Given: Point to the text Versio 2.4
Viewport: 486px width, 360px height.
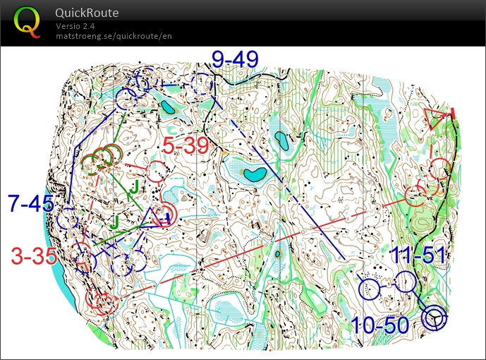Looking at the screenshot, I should point(75,26).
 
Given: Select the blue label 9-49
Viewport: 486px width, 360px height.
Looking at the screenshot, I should point(235,59).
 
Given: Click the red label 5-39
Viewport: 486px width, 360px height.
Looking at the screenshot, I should point(186,145).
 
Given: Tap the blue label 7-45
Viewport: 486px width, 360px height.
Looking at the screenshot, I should point(31,205).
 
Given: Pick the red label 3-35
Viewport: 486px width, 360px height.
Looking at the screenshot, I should point(34,256).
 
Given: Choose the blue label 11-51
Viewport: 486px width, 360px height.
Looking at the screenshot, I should point(418,256).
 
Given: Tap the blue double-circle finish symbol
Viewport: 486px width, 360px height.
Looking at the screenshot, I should point(435,319).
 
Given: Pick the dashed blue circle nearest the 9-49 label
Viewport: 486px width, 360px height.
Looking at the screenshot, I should point(202,85).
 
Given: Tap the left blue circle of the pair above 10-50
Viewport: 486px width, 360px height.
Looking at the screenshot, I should point(370,288).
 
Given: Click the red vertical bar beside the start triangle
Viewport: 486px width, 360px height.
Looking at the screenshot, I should point(452,112).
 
